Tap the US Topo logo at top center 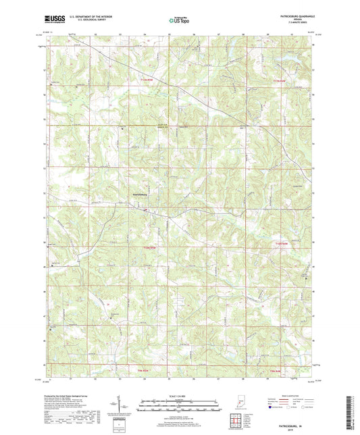(179, 22)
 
